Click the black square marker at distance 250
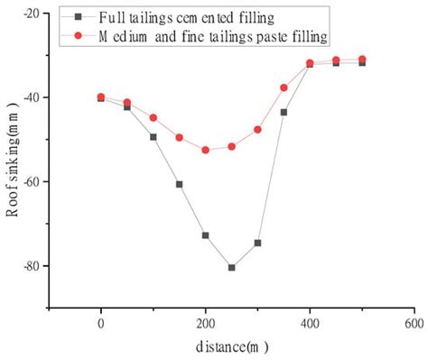232,267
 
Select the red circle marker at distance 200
206,150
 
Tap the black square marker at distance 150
180,184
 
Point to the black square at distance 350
284,112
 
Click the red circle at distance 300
257,129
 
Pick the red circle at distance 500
362,60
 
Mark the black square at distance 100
154,137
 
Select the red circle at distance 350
284,88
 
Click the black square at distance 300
257,243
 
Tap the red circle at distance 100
154,117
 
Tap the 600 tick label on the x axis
414,323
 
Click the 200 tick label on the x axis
206,323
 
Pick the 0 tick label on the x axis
101,323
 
